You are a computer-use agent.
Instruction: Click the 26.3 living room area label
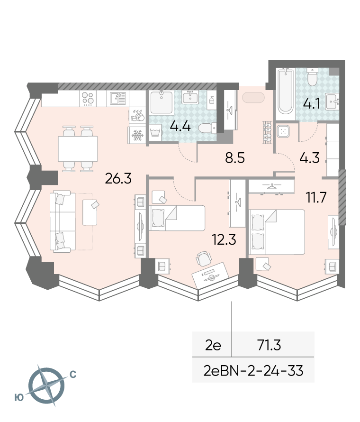[x=118, y=178]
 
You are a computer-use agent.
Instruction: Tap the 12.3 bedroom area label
[x=224, y=239]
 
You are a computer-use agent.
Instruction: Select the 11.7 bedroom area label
[x=316, y=197]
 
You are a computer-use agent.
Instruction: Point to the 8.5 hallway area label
[x=235, y=158]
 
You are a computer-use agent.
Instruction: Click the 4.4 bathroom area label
[x=180, y=126]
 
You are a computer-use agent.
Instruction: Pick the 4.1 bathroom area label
[x=312, y=104]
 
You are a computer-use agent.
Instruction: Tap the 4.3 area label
[x=309, y=158]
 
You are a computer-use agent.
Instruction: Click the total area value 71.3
[x=269, y=345]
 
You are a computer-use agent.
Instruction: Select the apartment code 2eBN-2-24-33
[x=253, y=371]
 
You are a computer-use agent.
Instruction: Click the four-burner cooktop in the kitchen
[x=88, y=98]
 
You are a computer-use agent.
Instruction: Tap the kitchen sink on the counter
[x=118, y=99]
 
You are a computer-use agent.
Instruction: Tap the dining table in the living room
[x=78, y=148]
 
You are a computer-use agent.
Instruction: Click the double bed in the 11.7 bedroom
[x=277, y=232]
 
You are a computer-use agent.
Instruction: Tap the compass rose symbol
[x=46, y=385]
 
